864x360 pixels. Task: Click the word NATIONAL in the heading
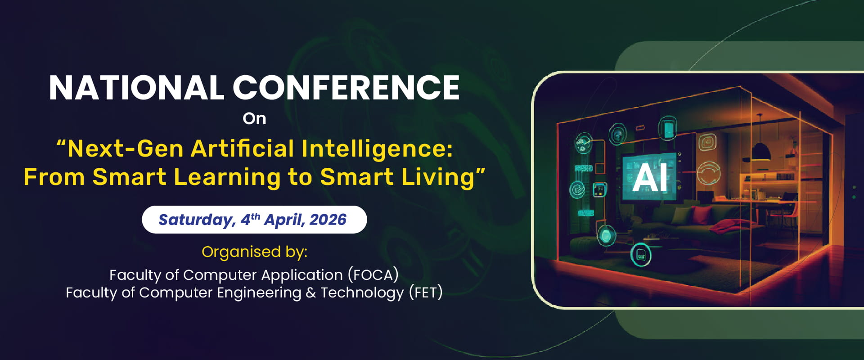coord(136,88)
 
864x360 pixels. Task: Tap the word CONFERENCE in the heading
coord(346,88)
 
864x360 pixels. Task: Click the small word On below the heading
coord(254,119)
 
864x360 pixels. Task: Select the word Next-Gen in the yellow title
coord(126,148)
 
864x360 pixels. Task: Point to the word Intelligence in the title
coord(377,149)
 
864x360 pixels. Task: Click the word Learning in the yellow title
coord(227,177)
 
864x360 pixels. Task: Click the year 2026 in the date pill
coord(328,220)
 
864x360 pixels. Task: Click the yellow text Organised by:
coord(254,252)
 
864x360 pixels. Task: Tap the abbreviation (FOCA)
coord(373,275)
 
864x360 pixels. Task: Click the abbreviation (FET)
coord(426,292)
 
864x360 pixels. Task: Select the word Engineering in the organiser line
coord(259,293)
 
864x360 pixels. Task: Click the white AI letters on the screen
coord(650,178)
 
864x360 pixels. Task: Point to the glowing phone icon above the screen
coord(668,129)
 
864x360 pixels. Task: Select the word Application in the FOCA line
coord(302,275)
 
